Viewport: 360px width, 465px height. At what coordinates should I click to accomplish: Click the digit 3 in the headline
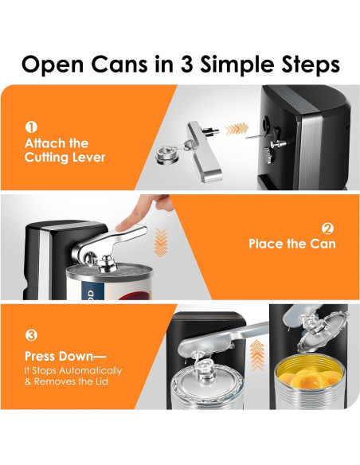point(187,64)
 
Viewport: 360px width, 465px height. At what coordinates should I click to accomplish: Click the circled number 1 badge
point(31,127)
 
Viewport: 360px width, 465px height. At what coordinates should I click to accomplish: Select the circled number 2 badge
point(327,229)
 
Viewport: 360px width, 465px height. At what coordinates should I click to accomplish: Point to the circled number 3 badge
point(31,335)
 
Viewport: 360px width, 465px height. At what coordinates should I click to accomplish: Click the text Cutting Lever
point(65,157)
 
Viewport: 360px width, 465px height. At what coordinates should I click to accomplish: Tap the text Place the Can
point(292,244)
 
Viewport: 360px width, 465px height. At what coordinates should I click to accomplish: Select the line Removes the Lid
point(71,381)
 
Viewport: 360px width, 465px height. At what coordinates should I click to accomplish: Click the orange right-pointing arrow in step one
point(237,129)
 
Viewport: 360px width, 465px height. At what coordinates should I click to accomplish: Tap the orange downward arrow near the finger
point(161,242)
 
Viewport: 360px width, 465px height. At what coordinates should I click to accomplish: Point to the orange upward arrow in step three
point(256,355)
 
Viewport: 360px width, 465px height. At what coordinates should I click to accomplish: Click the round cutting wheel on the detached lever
point(167,155)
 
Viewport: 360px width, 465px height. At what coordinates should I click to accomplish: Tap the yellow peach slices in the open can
point(310,377)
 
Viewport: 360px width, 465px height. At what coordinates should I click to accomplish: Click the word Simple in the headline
point(238,65)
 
